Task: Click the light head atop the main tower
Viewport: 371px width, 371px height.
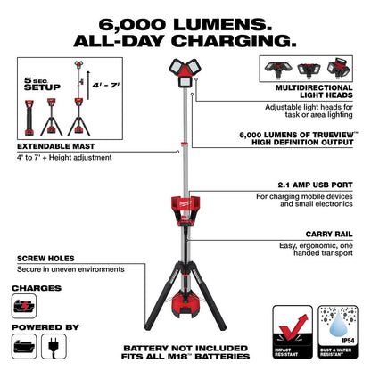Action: [185, 71]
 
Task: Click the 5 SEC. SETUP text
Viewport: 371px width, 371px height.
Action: [35, 84]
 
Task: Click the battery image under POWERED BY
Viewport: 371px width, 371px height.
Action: [23, 343]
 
